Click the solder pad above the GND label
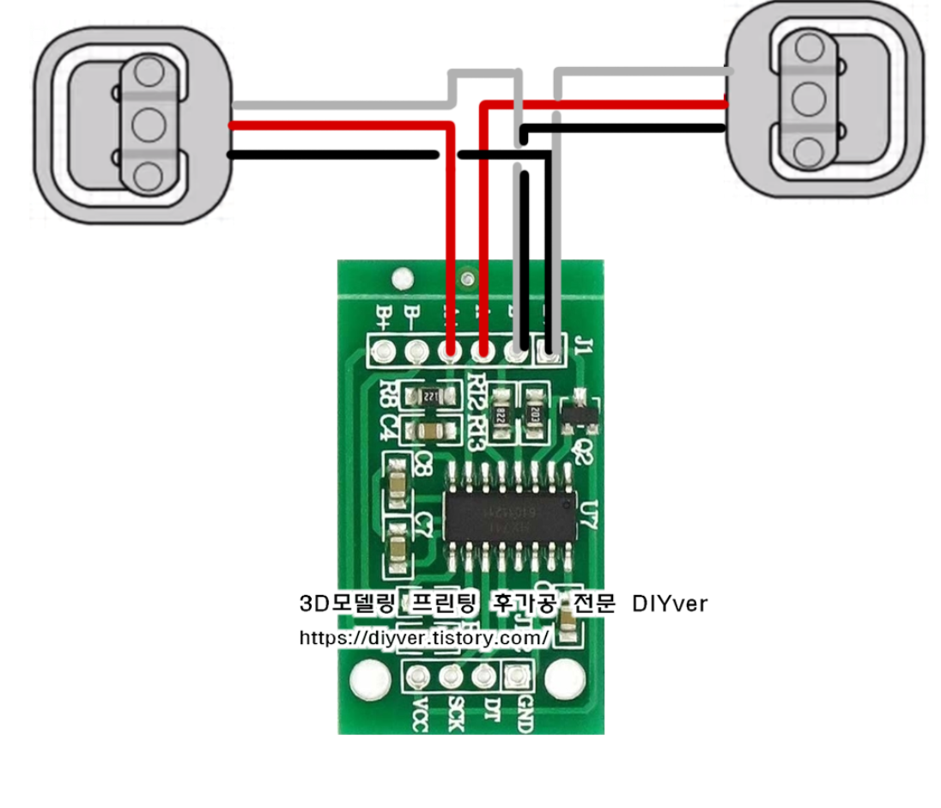[515, 677]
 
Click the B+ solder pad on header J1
[381, 351]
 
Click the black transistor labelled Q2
[576, 413]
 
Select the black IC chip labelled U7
[508, 513]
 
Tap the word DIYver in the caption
[669, 604]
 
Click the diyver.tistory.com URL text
[424, 639]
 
